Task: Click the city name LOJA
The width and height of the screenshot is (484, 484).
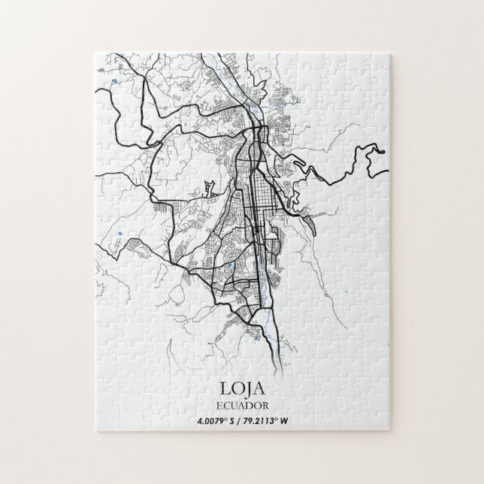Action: pyautogui.click(x=242, y=389)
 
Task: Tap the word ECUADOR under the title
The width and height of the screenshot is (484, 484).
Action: pyautogui.click(x=242, y=404)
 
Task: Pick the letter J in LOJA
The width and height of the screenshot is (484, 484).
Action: pyautogui.click(x=247, y=389)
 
